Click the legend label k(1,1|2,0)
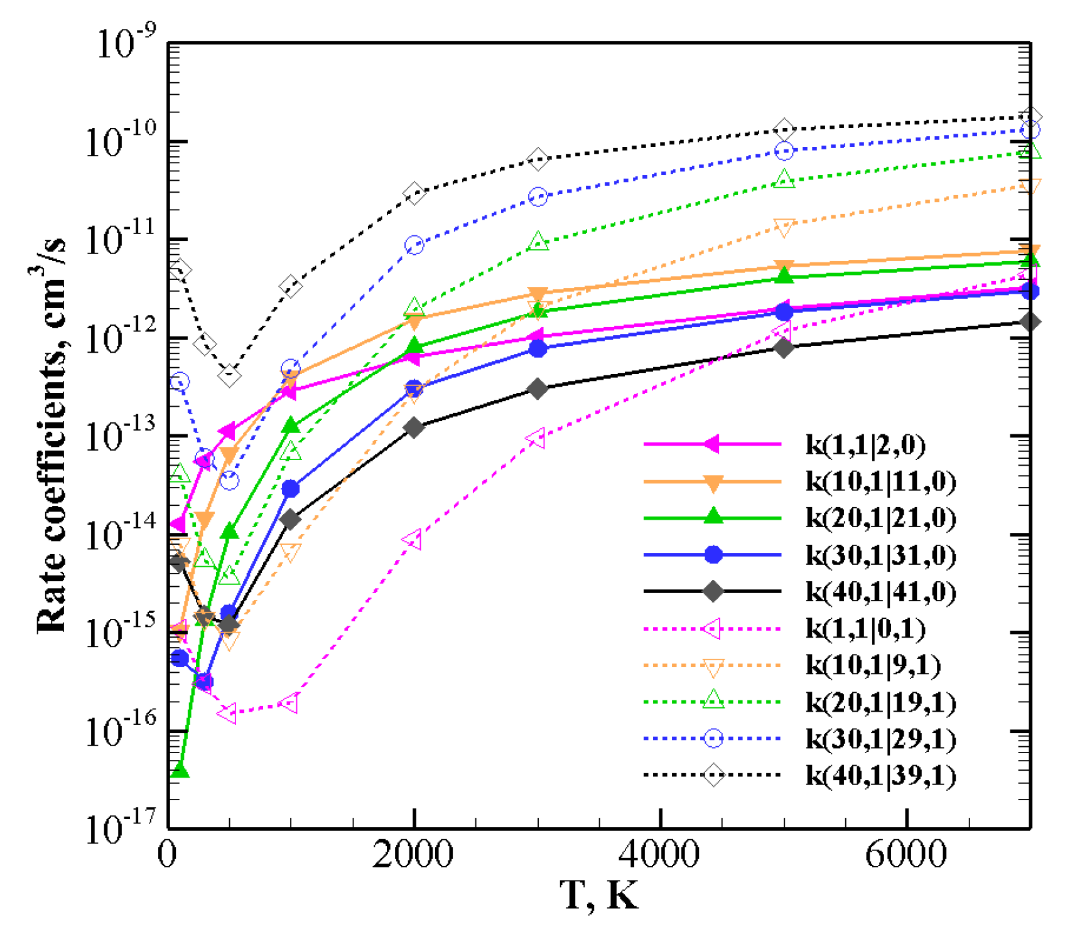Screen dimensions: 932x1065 point(865,444)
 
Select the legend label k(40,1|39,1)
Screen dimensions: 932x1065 point(880,775)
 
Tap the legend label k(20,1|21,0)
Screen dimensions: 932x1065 point(880,518)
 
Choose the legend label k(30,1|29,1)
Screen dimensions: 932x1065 point(880,739)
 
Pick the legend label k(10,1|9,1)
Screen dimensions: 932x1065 point(872,665)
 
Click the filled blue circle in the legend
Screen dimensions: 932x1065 point(713,555)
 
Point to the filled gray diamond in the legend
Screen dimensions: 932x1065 point(713,591)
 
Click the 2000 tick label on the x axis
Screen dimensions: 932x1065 point(413,855)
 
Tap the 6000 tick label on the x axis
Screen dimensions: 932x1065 point(906,855)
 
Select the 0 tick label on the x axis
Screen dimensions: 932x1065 point(167,855)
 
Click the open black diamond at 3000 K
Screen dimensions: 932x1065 point(538,159)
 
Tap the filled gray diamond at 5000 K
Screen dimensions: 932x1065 point(784,347)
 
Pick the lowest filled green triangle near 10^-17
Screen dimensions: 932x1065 point(180,770)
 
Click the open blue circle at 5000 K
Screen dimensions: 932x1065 point(784,151)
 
